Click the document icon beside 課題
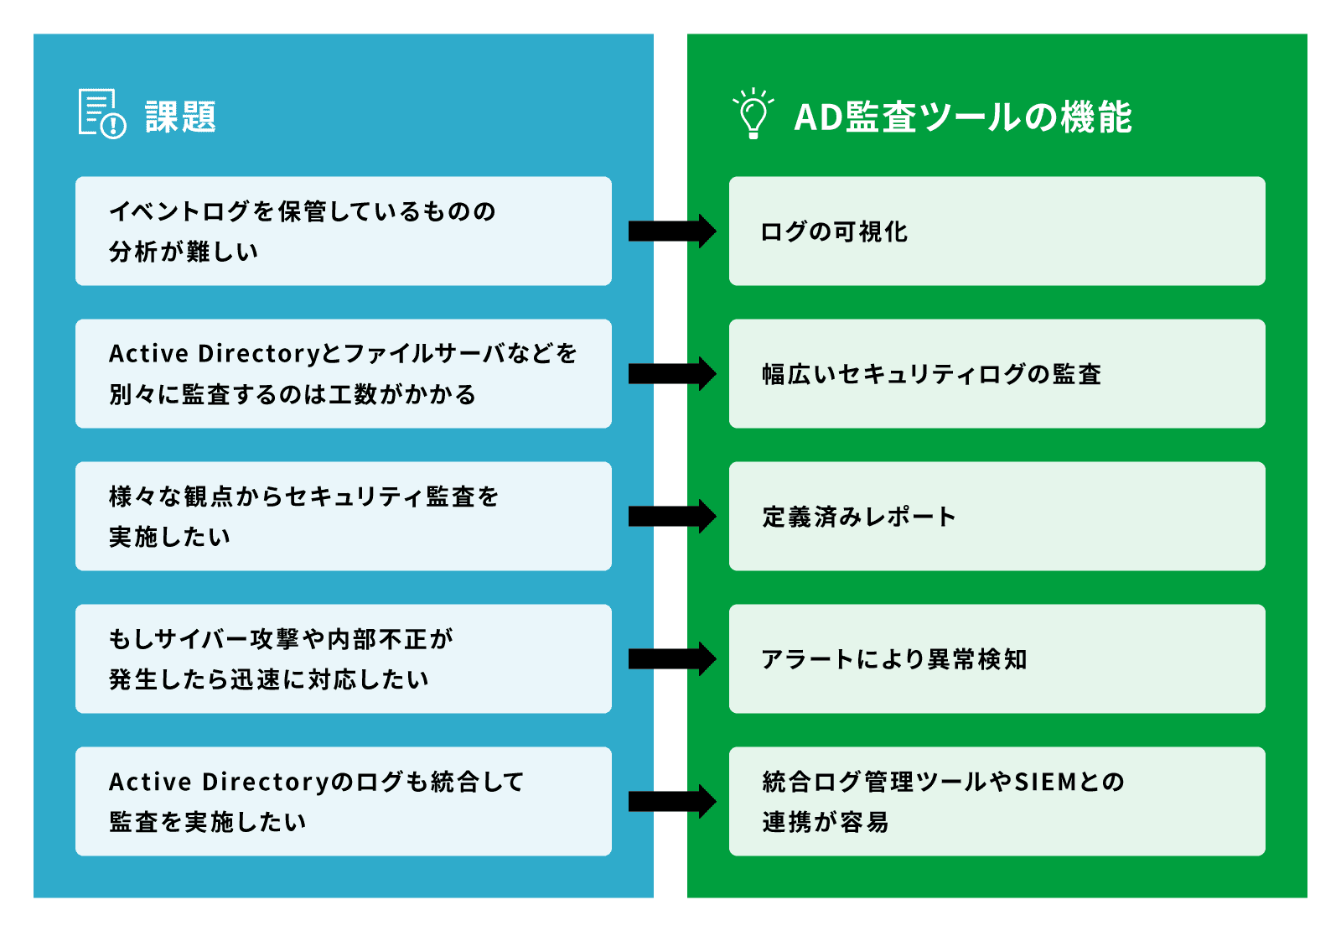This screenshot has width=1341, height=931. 101,113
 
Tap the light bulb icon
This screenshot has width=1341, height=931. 753,113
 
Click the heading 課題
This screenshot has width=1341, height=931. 180,117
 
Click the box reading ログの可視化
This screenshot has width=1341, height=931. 997,231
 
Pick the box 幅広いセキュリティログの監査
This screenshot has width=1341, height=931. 997,373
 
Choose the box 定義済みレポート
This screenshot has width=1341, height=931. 997,516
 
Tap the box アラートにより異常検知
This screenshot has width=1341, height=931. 997,658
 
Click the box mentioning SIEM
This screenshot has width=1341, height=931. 997,801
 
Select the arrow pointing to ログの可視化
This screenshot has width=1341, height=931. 671,231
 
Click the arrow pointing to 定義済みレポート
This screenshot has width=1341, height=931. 671,516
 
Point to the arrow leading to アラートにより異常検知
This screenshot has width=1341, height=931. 671,658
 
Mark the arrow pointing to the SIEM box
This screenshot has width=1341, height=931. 671,801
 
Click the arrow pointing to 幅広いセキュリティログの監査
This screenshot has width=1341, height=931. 671,373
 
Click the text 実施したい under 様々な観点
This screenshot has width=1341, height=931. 169,537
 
